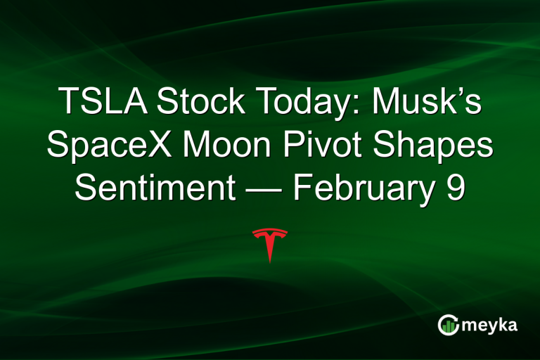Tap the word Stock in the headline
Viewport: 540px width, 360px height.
196,103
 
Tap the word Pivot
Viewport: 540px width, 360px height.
336,146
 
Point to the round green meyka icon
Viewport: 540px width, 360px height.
447,325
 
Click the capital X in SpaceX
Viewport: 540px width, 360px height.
179,146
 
